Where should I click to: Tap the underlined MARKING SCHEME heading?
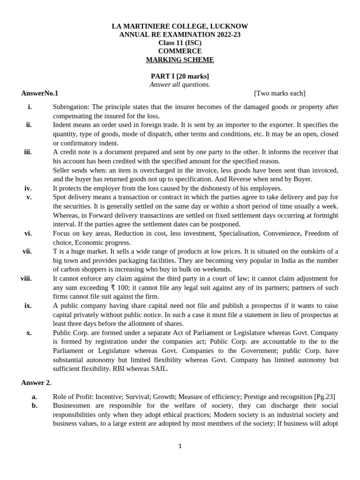(180, 60)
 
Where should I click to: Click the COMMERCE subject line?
(180, 51)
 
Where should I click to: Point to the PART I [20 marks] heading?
(180, 76)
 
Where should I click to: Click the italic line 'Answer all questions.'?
(180, 84)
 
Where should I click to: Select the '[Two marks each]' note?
(279, 93)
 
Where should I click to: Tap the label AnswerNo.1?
(39, 93)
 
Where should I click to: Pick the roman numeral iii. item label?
(28, 152)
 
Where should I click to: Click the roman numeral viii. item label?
(26, 278)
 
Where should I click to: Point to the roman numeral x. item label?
(29, 332)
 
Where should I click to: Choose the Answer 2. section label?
(36, 382)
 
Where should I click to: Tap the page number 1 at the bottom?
(180, 446)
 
